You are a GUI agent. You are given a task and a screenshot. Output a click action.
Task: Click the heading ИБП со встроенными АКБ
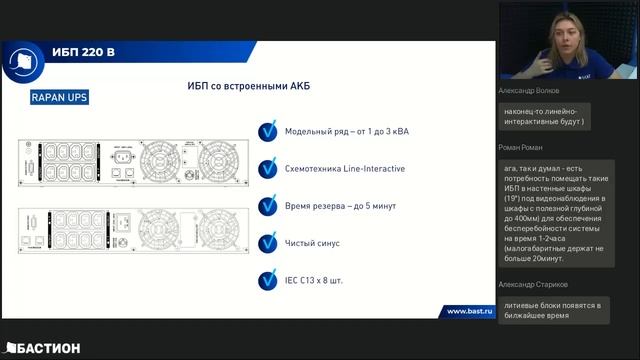248,87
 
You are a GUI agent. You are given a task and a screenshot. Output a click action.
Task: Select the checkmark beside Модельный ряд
267,131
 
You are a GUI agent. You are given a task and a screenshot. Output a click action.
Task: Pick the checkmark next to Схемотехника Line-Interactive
267,168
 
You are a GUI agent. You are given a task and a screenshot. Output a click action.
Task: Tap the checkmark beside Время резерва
267,205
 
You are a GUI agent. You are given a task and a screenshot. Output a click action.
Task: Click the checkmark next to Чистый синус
267,242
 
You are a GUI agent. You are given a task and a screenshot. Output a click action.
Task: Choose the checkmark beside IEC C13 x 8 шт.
267,279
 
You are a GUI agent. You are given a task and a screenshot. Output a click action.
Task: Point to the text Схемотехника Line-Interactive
344,168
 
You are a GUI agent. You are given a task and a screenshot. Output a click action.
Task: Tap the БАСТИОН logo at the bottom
42,347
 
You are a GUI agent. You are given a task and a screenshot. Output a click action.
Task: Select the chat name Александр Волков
535,90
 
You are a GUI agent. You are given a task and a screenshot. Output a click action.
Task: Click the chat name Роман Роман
520,147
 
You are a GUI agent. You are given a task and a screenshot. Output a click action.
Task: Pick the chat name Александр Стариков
538,285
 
